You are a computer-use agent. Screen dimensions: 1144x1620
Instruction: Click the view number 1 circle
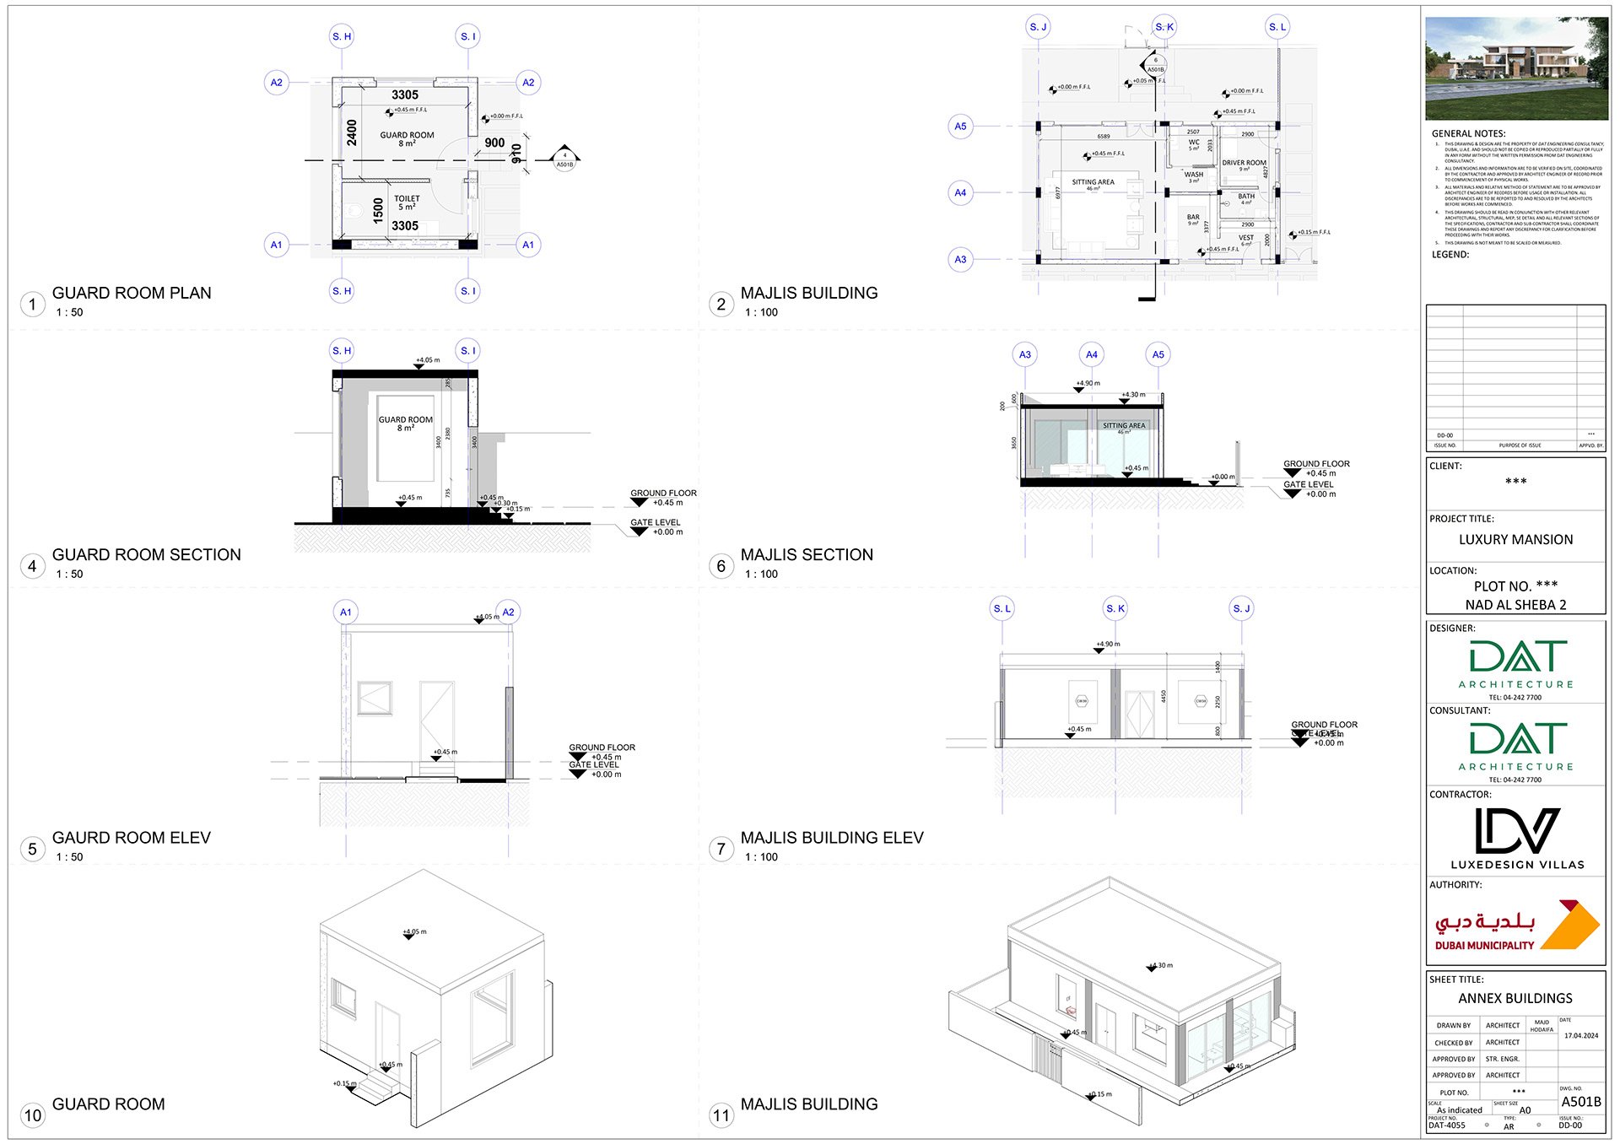[x=32, y=304]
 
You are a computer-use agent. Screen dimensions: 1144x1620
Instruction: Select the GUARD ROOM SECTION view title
[x=146, y=554]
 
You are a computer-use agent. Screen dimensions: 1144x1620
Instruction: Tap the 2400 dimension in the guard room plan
[x=352, y=132]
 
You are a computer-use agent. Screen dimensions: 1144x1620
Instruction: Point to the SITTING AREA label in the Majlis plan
[x=1093, y=183]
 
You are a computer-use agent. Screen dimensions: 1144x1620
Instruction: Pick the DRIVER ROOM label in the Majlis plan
[x=1244, y=164]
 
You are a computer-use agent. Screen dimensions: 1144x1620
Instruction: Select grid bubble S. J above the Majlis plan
[x=1038, y=27]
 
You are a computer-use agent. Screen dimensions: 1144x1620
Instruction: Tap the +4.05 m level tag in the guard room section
[x=427, y=361]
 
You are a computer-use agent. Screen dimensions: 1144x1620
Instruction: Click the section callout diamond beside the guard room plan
[x=564, y=158]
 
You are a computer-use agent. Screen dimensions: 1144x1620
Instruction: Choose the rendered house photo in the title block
[x=1516, y=68]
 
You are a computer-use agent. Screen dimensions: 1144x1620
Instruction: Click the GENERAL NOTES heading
[x=1468, y=133]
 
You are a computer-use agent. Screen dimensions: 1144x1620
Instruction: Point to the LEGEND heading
[x=1450, y=254]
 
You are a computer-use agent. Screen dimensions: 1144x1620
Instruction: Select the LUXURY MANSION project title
[x=1515, y=540]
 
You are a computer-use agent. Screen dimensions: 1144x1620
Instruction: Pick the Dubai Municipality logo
[x=1516, y=925]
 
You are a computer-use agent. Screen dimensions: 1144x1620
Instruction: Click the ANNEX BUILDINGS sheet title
[x=1515, y=998]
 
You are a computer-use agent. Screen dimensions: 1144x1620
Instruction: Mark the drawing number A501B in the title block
[x=1580, y=1102]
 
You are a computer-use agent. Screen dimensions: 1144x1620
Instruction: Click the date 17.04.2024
[x=1580, y=1035]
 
